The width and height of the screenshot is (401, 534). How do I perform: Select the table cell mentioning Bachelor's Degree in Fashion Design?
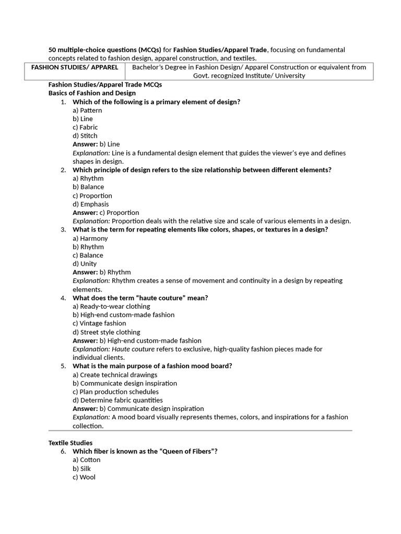[x=249, y=71]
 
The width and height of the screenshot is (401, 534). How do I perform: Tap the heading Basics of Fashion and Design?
[x=92, y=93]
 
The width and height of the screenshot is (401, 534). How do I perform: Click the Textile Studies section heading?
[x=70, y=443]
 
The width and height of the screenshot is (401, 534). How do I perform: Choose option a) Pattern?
[x=87, y=110]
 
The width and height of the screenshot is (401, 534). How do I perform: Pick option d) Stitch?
[x=85, y=136]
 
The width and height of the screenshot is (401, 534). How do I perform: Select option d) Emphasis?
[x=91, y=204]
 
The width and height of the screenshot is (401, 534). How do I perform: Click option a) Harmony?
[x=90, y=238]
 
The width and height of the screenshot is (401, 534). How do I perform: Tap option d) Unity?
[x=85, y=264]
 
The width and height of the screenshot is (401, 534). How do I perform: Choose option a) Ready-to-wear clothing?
[x=111, y=306]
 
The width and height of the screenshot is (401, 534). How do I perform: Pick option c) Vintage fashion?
[x=99, y=323]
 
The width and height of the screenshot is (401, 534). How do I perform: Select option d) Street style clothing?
[x=107, y=332]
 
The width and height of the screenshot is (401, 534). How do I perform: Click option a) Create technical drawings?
[x=115, y=374]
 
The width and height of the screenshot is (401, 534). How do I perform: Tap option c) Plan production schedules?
[x=115, y=392]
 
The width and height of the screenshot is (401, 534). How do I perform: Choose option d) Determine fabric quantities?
[x=117, y=400]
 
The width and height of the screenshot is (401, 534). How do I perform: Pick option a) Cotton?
[x=87, y=460]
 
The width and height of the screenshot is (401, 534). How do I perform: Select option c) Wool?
[x=84, y=477]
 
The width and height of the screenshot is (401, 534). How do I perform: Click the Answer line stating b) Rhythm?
[x=102, y=272]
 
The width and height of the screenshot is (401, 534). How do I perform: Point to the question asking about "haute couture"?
[x=140, y=298]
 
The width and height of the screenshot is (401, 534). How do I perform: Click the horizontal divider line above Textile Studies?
[x=200, y=431]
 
